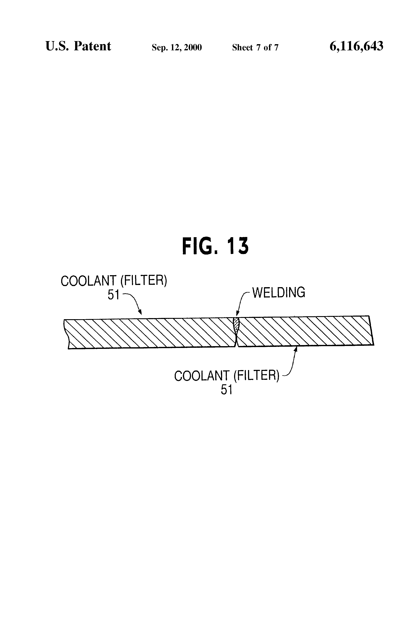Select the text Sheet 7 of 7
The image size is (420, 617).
[x=255, y=47]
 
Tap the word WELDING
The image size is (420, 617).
[x=278, y=293]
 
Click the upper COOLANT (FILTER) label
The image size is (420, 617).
[x=114, y=281]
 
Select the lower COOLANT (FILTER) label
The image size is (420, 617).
[x=227, y=376]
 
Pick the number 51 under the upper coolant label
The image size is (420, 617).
[x=113, y=295]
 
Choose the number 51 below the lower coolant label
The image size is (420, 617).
[x=226, y=390]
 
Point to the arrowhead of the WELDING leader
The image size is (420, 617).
[x=237, y=315]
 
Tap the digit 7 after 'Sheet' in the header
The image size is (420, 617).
[x=258, y=47]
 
